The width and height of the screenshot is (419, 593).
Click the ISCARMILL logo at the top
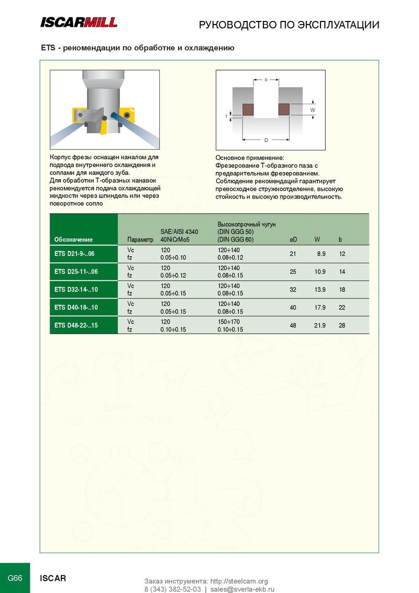(79, 22)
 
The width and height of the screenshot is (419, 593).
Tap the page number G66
(15, 578)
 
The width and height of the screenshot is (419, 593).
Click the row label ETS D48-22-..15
(76, 325)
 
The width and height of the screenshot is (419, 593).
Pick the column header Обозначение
(73, 240)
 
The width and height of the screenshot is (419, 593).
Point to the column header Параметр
(140, 240)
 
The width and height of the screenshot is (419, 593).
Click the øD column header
(293, 240)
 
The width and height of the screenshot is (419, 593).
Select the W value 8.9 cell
(321, 254)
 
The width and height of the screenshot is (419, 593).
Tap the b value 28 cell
(342, 325)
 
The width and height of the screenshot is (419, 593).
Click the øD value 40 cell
(293, 308)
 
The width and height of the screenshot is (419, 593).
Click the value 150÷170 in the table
(229, 321)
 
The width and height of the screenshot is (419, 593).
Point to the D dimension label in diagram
(266, 140)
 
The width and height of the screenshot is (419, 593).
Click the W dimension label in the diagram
(313, 110)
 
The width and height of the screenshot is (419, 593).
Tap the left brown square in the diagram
(248, 109)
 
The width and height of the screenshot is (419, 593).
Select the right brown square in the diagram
(284, 109)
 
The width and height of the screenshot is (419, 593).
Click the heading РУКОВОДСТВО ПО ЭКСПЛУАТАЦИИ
(289, 25)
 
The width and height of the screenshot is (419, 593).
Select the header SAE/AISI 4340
(179, 232)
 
